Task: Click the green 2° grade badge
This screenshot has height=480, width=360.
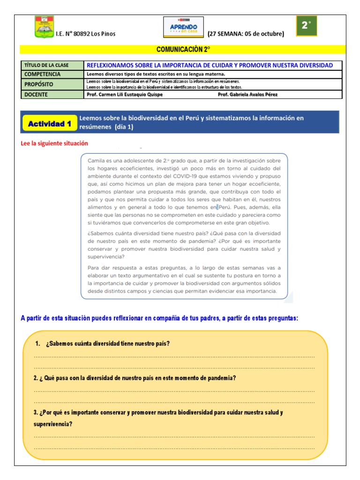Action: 307,26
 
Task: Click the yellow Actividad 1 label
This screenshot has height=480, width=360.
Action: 50,124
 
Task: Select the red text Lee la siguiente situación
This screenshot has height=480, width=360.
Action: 54,143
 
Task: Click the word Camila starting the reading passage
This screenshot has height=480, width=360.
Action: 97,161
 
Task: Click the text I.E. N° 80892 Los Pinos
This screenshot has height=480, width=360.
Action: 85,34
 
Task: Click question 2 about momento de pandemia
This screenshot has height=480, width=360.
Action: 135,378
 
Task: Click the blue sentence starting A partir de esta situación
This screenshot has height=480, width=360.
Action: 159,318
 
